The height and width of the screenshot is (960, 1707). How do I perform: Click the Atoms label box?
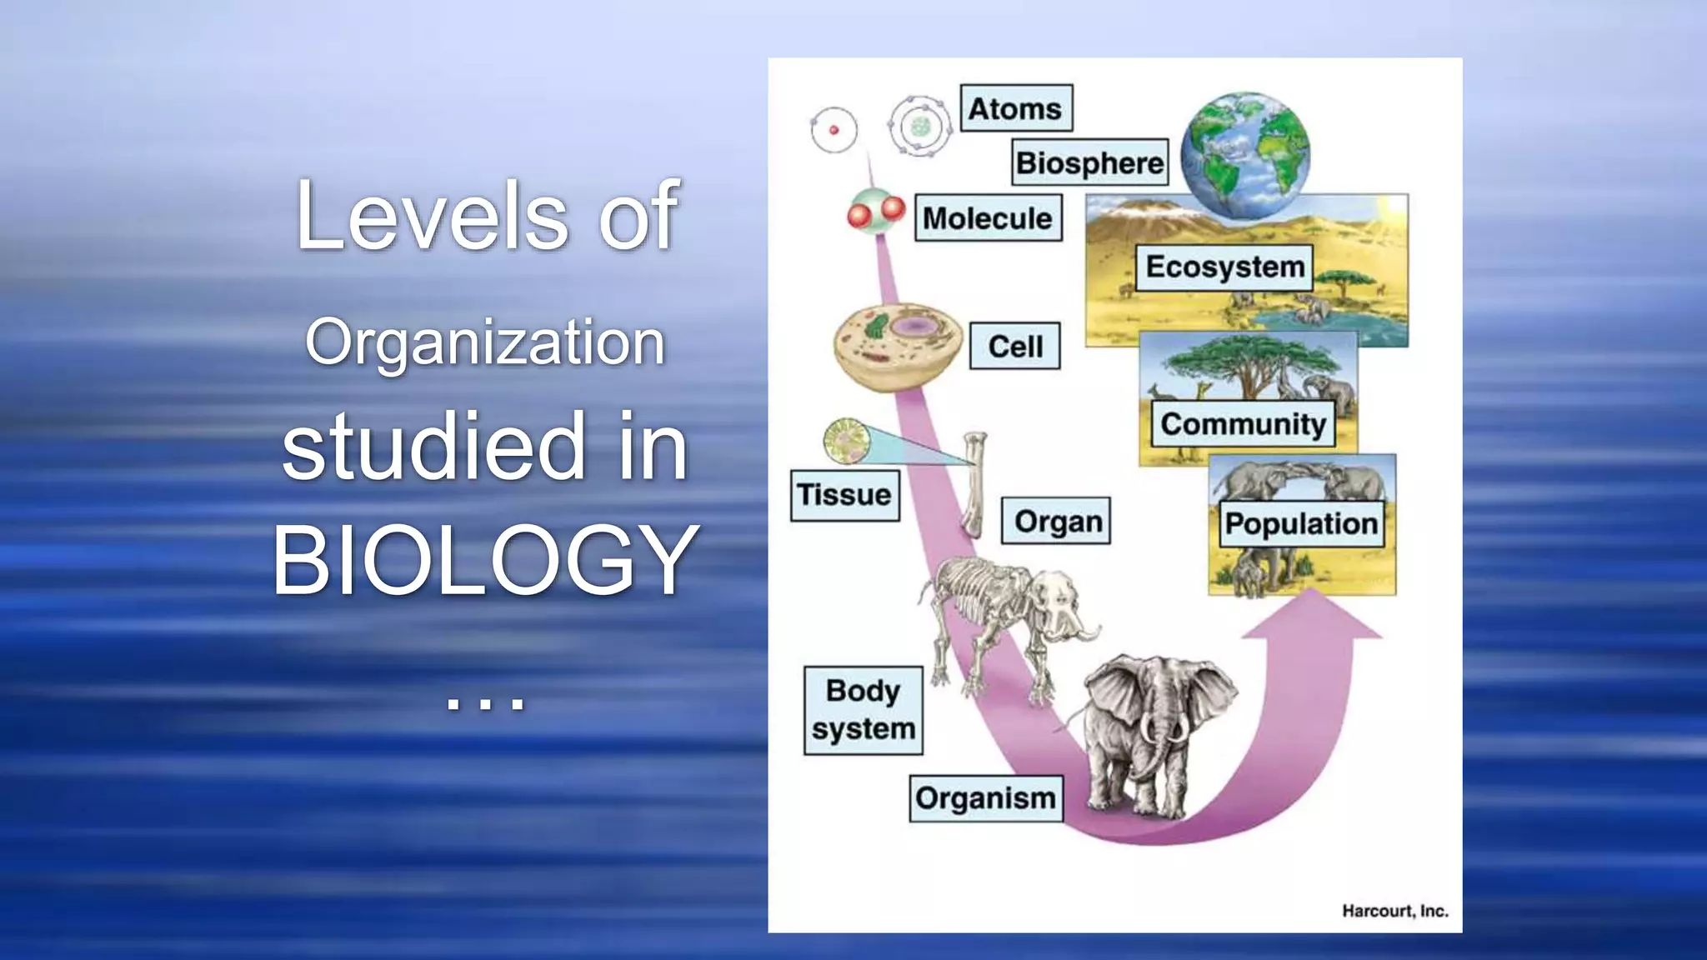1015,108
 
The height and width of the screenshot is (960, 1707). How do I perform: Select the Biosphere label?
1090,162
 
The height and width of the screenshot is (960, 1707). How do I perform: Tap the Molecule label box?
988,218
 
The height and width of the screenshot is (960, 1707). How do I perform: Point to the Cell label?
1015,346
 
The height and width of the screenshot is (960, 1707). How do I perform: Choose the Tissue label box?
844,495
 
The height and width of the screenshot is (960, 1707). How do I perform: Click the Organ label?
1056,522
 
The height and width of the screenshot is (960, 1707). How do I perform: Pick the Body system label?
863,710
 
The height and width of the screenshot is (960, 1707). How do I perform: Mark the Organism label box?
985,798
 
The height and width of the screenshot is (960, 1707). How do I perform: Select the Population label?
1300,523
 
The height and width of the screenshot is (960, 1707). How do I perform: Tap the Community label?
1242,424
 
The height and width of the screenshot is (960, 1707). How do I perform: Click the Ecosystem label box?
1224,267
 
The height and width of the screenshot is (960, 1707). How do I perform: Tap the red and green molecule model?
875,212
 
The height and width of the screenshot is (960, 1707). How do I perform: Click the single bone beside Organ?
974,483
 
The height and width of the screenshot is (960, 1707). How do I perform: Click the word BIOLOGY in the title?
485,560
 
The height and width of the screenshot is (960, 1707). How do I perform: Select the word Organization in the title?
485,342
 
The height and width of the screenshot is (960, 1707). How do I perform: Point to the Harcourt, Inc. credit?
1394,911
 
